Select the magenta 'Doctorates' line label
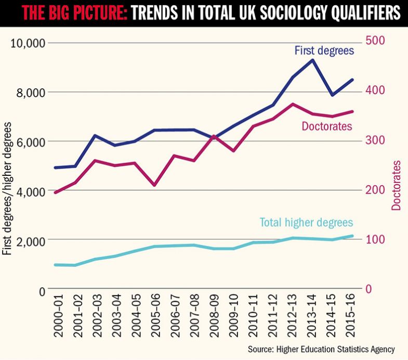coord(327,126)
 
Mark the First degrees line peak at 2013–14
coord(312,60)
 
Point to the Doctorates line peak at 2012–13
coord(293,104)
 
